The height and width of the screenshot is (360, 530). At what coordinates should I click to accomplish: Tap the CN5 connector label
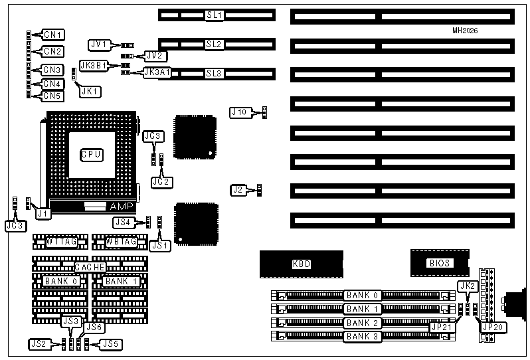pos(52,96)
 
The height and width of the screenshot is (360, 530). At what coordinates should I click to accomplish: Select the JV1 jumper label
pos(98,45)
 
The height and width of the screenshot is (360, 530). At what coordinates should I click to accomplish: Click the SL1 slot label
pos(214,14)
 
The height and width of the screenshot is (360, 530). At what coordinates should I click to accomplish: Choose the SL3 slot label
pos(214,72)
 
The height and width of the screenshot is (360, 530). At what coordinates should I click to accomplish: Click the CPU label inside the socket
pos(90,154)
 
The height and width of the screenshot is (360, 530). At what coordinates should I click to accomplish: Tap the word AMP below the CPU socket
pos(127,207)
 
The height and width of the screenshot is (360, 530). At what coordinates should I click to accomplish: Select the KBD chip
pos(302,264)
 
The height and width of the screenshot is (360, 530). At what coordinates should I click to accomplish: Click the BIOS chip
pos(440,263)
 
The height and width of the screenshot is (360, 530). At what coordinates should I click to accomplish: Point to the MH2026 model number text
pos(466,31)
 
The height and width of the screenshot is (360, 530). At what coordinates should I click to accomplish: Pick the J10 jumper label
pos(240,112)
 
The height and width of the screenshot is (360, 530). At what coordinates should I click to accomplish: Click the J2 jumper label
pos(238,190)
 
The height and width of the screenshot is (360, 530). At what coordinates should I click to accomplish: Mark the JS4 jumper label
pos(123,222)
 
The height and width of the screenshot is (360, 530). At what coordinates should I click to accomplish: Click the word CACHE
pos(90,266)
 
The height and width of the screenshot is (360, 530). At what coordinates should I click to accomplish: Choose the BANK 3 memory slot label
pos(362,336)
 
